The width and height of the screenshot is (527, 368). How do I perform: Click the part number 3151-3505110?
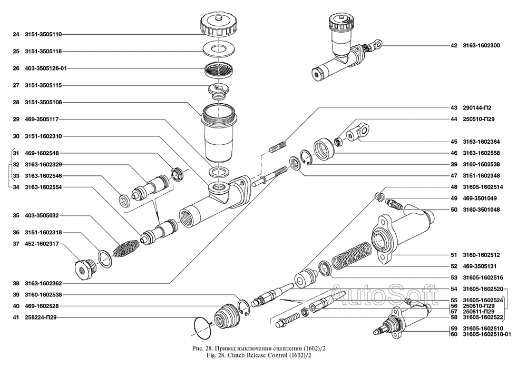43,34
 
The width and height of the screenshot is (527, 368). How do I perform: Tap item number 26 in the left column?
16,68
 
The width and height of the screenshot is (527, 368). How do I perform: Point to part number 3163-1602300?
481,45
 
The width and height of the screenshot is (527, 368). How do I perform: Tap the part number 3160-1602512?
481,254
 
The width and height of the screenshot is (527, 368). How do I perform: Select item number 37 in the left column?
16,244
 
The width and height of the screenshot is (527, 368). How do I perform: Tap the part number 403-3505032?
43,215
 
